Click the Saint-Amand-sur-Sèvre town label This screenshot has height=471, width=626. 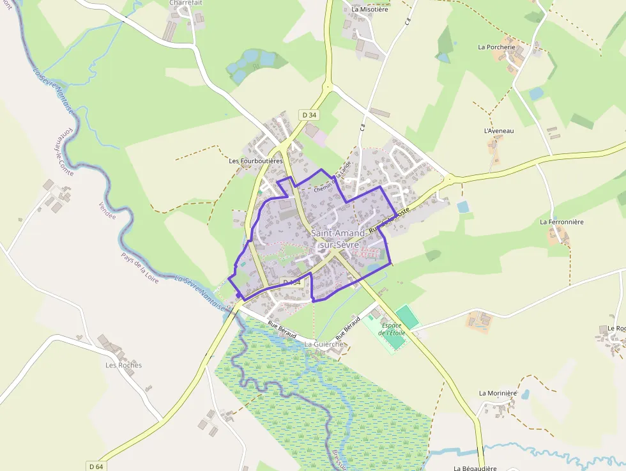pos(339,238)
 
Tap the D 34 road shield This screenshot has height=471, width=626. pos(309,115)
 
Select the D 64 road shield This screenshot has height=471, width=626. pos(96,467)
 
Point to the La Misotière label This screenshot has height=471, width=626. pos(370,10)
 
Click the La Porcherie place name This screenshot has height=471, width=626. pos(496,47)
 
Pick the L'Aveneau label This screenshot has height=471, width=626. pos(499,131)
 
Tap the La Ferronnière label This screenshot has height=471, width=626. pos(561,222)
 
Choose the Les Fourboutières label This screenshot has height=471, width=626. pos(256,161)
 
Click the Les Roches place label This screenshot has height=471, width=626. pos(124,366)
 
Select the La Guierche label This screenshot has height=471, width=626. pos(324,344)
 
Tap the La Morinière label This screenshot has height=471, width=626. pos(498,393)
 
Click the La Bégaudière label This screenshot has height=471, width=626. pos(475,468)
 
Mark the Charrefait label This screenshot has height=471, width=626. pos(185,3)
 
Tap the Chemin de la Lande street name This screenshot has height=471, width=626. pos(333,180)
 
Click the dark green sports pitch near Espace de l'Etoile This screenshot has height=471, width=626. pos(406,316)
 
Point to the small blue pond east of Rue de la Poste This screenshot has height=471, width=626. pos(462,206)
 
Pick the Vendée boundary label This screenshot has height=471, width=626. pos(107,210)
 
